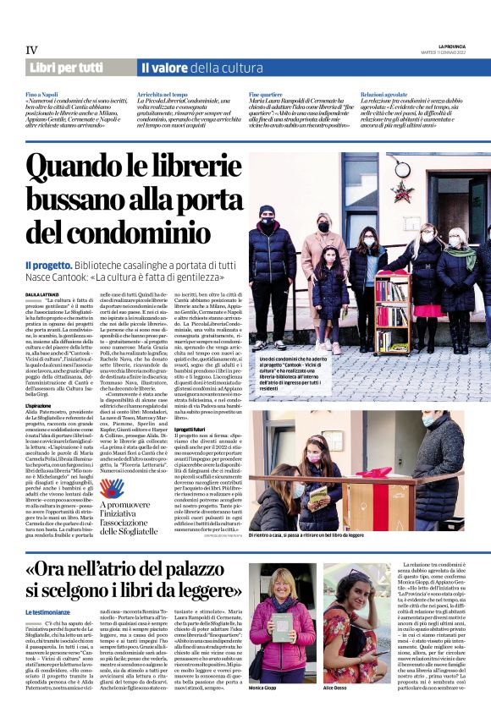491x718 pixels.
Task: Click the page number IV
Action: click(x=31, y=51)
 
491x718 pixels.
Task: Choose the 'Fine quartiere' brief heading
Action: click(x=266, y=95)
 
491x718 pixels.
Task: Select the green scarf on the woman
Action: click(x=462, y=254)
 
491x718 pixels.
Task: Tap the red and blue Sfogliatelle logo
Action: click(x=110, y=490)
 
